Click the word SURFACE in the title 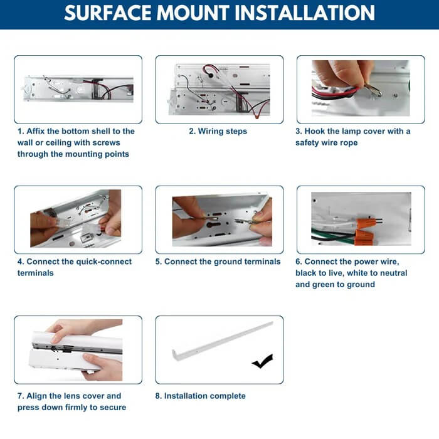108,13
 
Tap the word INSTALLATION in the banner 305,13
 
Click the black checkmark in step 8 262,361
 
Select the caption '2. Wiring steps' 218,131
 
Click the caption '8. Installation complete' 201,396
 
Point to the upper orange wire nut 366,223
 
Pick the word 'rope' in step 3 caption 349,143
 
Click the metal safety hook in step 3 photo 373,89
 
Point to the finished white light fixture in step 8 222,341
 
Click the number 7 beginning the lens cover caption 20,396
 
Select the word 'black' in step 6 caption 306,273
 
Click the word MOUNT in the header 193,13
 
